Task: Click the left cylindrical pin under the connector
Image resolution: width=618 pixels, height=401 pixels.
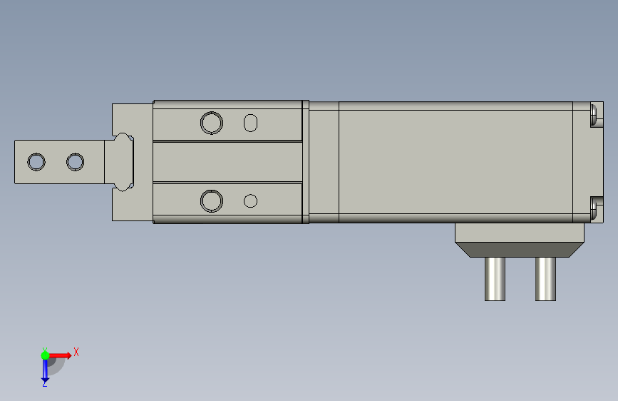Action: tap(495, 279)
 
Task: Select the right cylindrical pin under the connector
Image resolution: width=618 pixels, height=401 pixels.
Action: tap(545, 279)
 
